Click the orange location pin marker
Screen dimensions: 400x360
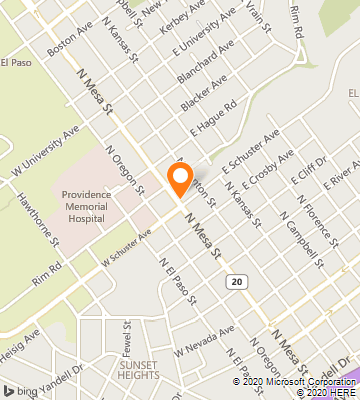(180, 180)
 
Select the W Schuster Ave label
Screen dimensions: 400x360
(125, 248)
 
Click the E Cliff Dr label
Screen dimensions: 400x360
(307, 173)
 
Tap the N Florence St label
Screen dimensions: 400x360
(297, 229)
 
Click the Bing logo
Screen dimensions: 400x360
(22, 389)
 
